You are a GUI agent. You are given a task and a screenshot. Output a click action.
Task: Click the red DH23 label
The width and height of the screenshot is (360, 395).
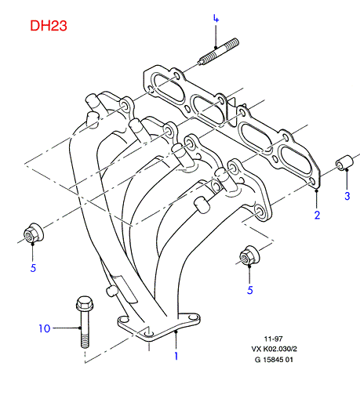pyautogui.click(x=49, y=26)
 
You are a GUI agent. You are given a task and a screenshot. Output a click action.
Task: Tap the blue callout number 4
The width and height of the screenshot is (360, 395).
pyautogui.click(x=216, y=19)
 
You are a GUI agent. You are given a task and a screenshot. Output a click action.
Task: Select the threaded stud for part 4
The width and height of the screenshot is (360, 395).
pyautogui.click(x=219, y=52)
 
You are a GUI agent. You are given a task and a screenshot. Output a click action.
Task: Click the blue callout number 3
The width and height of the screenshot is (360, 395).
pyautogui.click(x=347, y=196)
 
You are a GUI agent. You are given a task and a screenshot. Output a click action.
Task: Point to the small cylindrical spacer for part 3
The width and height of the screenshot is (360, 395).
pyautogui.click(x=344, y=162)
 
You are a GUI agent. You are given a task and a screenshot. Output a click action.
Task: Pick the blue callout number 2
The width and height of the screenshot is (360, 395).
pyautogui.click(x=317, y=216)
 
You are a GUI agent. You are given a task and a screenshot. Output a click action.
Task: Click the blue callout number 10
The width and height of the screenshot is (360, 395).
pyautogui.click(x=45, y=328)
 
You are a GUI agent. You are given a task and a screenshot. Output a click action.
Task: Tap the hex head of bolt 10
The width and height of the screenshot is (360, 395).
pyautogui.click(x=84, y=303)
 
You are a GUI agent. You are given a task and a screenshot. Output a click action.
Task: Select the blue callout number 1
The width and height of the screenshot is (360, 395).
pyautogui.click(x=176, y=356)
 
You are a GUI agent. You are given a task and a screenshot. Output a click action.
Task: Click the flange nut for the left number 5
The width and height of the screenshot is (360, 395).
pyautogui.click(x=34, y=234)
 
